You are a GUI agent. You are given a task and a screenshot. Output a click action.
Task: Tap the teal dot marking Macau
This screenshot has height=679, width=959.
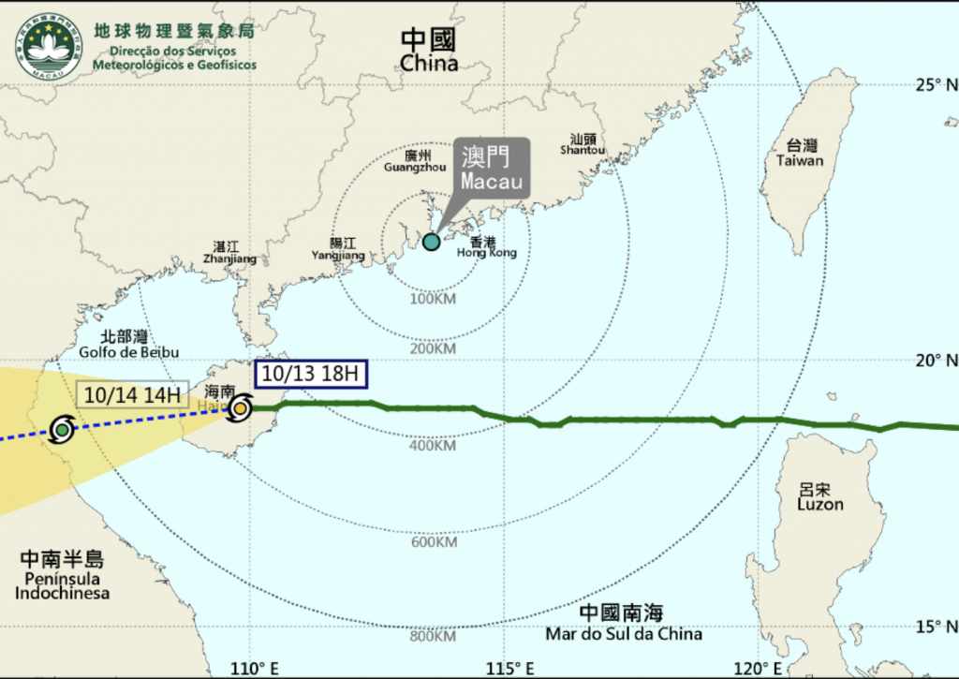pyautogui.click(x=431, y=242)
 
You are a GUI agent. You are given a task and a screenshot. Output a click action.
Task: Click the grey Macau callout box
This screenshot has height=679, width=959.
pyautogui.click(x=492, y=169)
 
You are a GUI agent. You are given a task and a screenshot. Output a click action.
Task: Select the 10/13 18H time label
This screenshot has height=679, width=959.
pyautogui.click(x=310, y=373)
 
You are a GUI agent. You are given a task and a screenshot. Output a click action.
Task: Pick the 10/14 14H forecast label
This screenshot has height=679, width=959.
pyautogui.click(x=132, y=394)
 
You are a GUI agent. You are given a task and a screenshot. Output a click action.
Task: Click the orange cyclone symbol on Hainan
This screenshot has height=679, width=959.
pyautogui.click(x=241, y=407)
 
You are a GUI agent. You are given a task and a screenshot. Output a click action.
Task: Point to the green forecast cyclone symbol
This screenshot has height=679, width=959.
pyautogui.click(x=62, y=430)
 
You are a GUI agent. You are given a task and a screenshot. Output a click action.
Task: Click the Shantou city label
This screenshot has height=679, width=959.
pyautogui.click(x=583, y=143)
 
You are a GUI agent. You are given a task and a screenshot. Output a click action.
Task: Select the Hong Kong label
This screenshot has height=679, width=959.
pyautogui.click(x=486, y=246)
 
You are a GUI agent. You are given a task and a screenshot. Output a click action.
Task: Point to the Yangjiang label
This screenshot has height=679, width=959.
pyautogui.click(x=337, y=248)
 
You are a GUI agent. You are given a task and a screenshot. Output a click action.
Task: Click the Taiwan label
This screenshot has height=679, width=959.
pyautogui.click(x=800, y=153)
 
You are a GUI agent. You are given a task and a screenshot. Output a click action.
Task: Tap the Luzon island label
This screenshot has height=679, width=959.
pyautogui.click(x=820, y=497)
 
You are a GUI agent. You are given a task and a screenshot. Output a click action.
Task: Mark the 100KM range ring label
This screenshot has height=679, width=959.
pyautogui.click(x=433, y=299)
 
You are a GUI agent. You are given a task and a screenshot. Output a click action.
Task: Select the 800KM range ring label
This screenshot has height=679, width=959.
pyautogui.click(x=433, y=637)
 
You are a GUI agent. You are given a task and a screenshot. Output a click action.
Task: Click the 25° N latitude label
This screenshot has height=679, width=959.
pyautogui.click(x=936, y=85)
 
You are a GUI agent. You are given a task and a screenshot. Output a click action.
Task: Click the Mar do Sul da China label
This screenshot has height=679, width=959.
pyautogui.click(x=623, y=624)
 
